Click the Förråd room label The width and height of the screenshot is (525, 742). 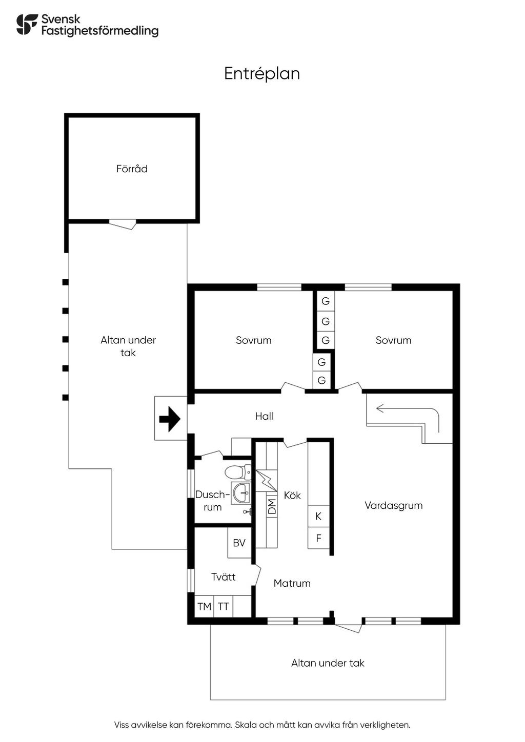pos(132,169)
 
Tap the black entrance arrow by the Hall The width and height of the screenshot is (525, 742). pos(170,419)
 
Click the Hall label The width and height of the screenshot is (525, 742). pos(264,416)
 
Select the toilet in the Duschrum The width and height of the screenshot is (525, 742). pos(237,471)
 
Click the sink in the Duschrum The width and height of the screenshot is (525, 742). pos(240,493)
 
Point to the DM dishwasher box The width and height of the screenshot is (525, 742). pos(272,506)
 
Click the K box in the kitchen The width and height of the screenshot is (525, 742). pos(318,516)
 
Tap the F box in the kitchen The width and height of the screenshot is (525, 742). pos(318,539)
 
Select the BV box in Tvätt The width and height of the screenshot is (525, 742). pos(239,543)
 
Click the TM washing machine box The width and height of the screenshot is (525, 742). pos(204,607)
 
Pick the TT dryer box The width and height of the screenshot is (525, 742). pos(223,607)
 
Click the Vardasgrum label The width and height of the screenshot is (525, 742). pos(393,505)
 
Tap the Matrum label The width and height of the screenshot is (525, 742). pos(292,583)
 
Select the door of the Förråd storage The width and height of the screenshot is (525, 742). pos(123,224)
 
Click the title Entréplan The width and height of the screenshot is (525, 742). pos(262,74)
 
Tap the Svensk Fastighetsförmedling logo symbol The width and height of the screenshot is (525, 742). pos(27,24)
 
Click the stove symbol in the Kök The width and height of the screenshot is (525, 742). pos(267,481)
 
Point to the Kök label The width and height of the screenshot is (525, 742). pos(292,495)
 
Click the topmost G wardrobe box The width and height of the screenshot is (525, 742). pos(326,301)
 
